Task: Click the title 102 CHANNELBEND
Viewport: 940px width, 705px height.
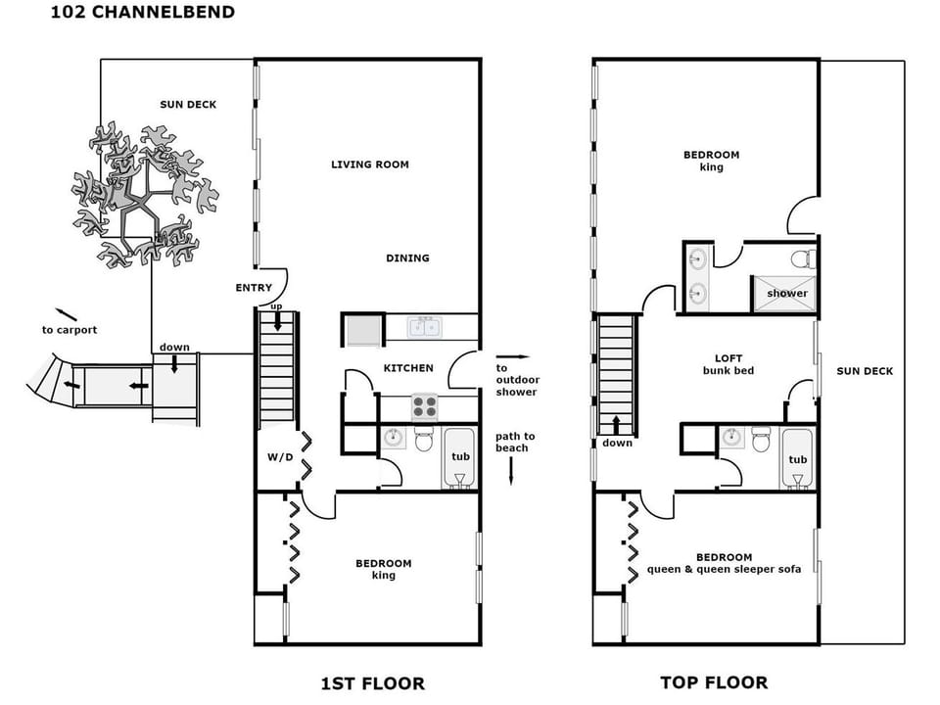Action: (x=143, y=13)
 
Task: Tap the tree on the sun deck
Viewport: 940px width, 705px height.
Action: (x=145, y=196)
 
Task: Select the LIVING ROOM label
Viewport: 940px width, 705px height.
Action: (x=369, y=164)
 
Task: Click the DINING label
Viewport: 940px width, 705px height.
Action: (x=407, y=258)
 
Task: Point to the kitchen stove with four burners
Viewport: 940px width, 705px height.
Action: (x=424, y=406)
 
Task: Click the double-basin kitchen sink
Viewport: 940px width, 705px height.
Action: (x=424, y=327)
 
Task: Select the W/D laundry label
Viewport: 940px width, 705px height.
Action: (x=281, y=457)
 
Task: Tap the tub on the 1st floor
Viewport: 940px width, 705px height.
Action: (x=460, y=457)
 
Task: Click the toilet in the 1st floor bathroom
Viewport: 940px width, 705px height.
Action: (x=424, y=440)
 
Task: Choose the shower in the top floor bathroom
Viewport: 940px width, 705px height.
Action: (x=786, y=293)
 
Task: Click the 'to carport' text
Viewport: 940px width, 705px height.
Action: (x=70, y=330)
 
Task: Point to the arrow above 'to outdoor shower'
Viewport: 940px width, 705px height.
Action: (x=512, y=357)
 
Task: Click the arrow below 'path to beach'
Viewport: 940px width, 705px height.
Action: (x=512, y=474)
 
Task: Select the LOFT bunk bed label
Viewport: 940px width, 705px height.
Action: (x=728, y=364)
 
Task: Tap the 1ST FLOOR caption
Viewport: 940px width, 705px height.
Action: (x=373, y=682)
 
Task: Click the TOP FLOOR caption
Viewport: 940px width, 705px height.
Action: (x=714, y=682)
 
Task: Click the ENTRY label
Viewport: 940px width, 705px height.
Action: (x=254, y=288)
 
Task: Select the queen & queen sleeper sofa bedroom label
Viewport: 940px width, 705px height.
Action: (x=725, y=563)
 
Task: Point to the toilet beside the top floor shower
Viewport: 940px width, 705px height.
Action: (x=803, y=259)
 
